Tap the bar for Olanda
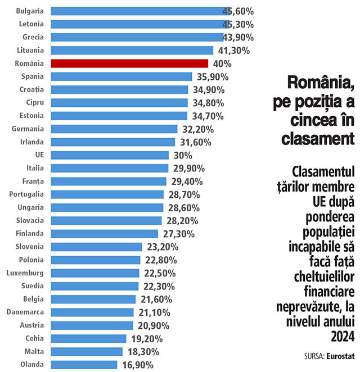coord(84,365)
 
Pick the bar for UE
coord(110,155)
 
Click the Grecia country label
coord(31,37)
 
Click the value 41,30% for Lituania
coord(234,51)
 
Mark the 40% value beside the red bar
coord(222,64)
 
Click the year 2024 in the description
coord(343,335)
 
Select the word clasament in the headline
coord(318,138)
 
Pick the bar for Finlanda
coord(105,234)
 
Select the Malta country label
coord(34,351)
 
